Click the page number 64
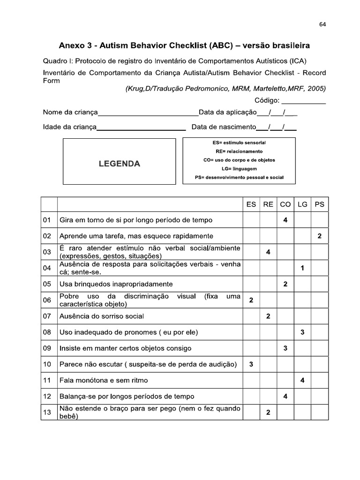coord(322,25)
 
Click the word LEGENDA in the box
coord(119,164)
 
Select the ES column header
coord(251,204)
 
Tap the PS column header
coord(320,204)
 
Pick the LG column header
coord(302,204)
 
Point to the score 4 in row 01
coord(285,220)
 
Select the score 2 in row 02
coord(320,236)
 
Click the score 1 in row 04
coord(302,268)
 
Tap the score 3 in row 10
coord(251,364)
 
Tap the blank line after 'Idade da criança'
coord(141,127)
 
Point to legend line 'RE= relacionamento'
coord(239,151)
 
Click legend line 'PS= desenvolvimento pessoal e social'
coord(239,178)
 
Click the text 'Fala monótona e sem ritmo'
coord(104,380)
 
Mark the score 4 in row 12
coord(285,397)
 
